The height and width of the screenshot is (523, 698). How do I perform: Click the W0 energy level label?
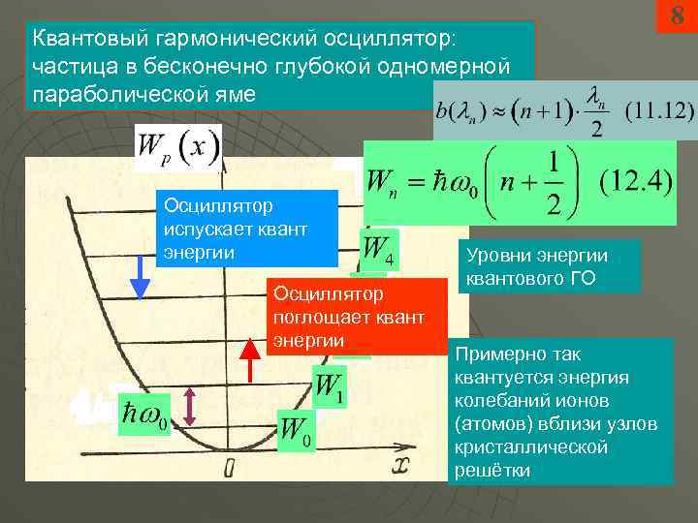[297, 430]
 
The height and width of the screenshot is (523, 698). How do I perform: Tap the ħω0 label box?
[143, 416]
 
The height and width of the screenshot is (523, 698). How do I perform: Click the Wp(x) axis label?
[179, 147]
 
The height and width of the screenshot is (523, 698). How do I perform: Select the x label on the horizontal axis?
[402, 466]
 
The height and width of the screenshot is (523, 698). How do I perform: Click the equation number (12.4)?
[635, 181]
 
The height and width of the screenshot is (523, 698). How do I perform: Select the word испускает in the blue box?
[209, 229]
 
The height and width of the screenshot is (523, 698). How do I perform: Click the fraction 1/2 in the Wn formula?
[555, 181]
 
